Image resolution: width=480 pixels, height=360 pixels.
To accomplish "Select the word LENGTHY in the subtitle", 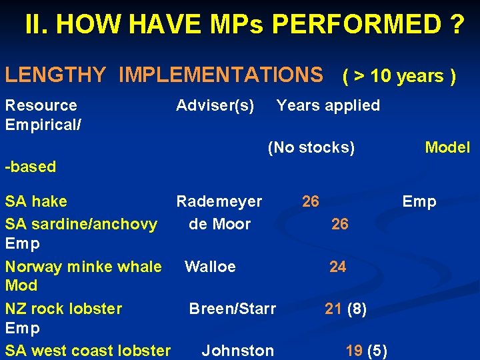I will [55, 75].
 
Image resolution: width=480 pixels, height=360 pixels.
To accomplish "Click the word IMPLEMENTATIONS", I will [221, 75].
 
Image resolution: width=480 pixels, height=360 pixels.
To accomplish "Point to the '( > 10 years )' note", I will [399, 76].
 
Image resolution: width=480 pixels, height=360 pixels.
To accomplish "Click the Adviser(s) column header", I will [215, 105].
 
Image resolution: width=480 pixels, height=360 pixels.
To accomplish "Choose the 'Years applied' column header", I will [328, 105].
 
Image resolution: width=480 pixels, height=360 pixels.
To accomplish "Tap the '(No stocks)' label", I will [311, 147].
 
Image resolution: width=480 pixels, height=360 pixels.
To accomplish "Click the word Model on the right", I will [447, 147].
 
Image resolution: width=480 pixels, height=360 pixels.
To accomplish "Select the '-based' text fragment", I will [31, 167].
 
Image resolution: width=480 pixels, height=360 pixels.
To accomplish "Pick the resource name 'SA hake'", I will [36, 201].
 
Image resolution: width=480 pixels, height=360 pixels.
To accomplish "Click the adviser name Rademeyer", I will [219, 201].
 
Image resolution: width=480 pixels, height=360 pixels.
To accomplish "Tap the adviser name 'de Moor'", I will [220, 224].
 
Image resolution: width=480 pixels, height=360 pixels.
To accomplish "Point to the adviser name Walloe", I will [210, 267].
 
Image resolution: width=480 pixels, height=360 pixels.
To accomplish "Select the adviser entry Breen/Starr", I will [233, 309].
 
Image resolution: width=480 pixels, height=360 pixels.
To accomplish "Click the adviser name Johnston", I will [238, 351].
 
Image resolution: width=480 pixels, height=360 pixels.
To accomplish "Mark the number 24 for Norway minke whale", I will [338, 267].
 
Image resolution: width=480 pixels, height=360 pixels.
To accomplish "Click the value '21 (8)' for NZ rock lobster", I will [345, 309].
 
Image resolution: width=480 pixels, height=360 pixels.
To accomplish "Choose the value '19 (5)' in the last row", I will [367, 351].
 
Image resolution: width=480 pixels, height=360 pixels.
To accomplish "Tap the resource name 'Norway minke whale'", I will [83, 267].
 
